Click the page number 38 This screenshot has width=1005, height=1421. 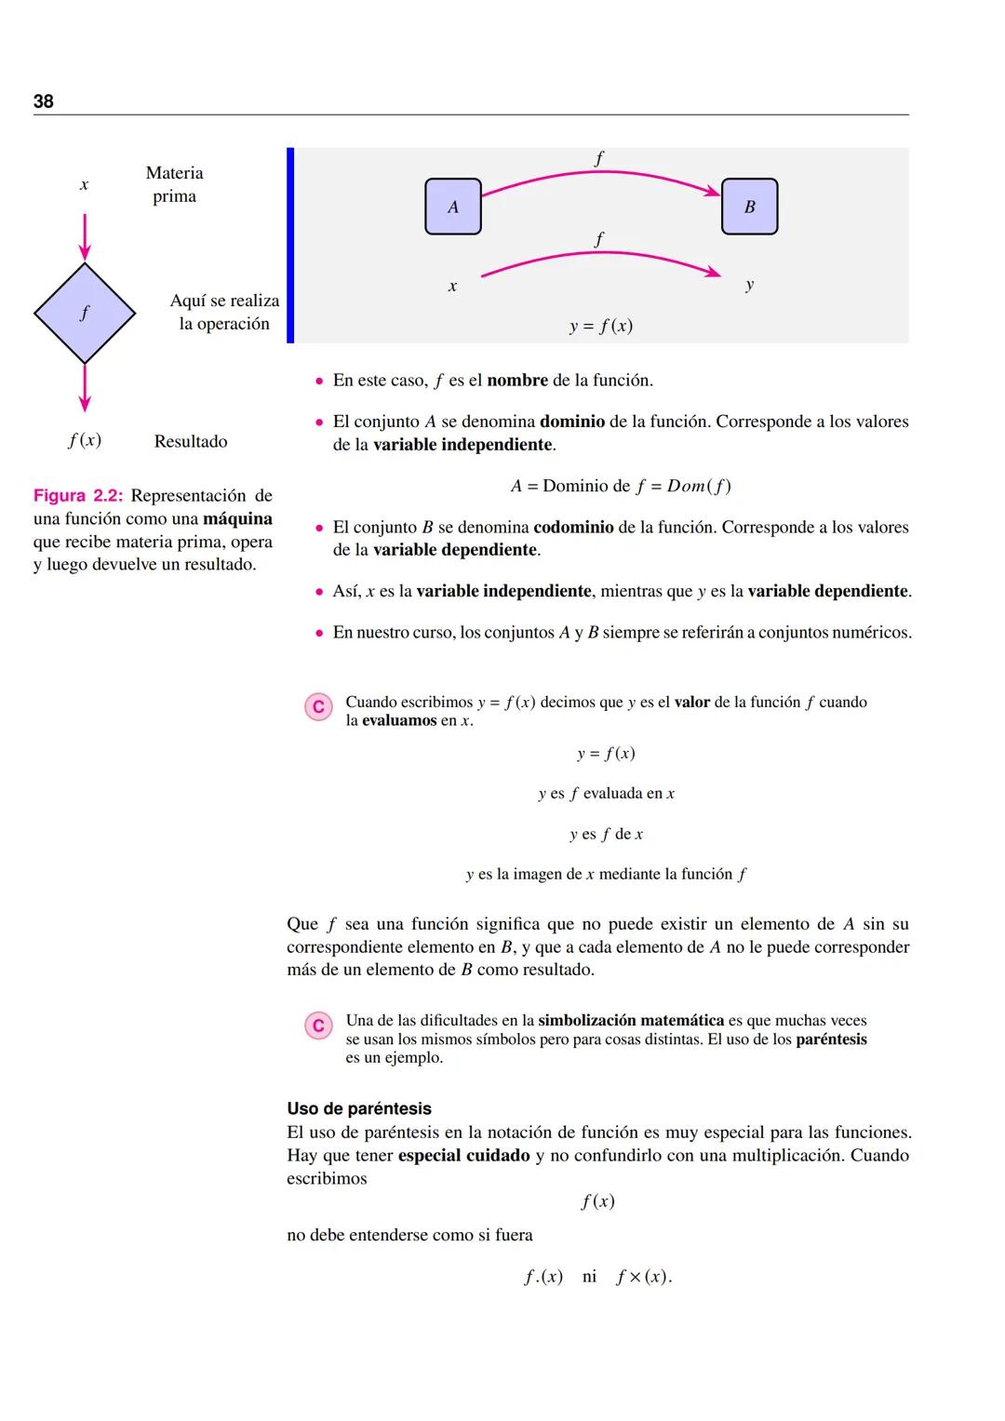tap(43, 101)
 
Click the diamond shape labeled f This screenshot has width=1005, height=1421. tap(85, 313)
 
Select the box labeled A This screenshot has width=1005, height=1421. tap(453, 207)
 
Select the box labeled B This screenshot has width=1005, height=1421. tap(749, 207)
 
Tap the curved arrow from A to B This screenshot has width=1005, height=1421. tap(600, 172)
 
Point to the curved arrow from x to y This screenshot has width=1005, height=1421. tap(600, 254)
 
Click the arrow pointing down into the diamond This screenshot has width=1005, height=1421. tap(85, 237)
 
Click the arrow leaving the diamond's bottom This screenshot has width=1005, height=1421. tap(85, 388)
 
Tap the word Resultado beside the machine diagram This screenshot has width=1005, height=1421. tap(191, 441)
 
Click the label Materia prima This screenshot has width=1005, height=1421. tap(175, 184)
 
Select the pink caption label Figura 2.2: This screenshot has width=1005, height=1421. tap(78, 495)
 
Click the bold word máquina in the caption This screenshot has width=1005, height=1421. tap(237, 519)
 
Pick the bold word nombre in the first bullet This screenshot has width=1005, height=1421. tap(517, 380)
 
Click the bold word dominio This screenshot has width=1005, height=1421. tap(572, 422)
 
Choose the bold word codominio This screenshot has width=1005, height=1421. tap(573, 527)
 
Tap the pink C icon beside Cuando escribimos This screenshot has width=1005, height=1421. tap(318, 706)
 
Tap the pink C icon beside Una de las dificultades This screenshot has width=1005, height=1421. tap(318, 1026)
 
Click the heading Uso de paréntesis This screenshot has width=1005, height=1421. tap(359, 1108)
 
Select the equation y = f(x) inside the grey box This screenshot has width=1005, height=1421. tap(601, 326)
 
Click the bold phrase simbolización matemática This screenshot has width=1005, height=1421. tap(631, 1020)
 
